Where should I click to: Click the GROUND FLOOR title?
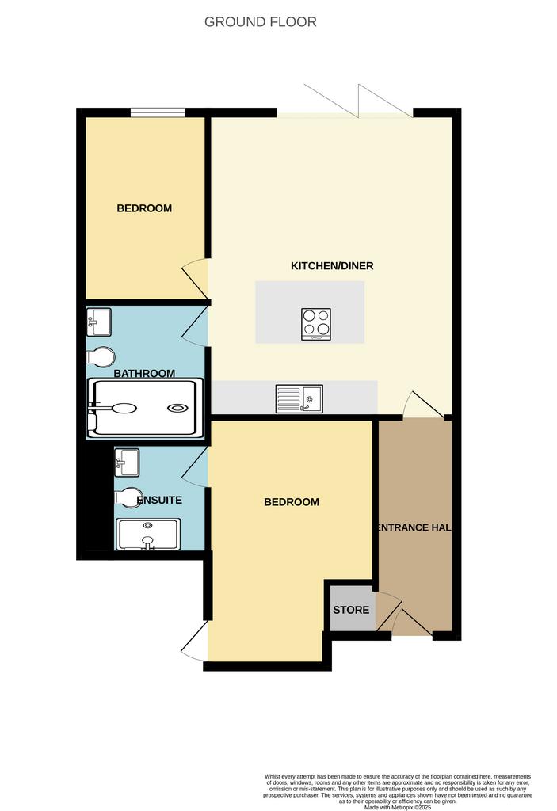[x=261, y=21]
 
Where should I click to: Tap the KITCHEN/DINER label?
[x=332, y=266]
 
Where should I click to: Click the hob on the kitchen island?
[x=316, y=324]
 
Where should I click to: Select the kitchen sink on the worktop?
[x=299, y=399]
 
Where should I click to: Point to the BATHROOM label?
[x=144, y=374]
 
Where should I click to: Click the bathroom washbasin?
[x=99, y=322]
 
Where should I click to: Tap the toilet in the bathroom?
[x=101, y=357]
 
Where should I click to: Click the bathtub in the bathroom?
[x=146, y=409]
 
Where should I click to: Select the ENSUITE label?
[x=159, y=501]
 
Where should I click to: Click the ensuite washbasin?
[x=127, y=462]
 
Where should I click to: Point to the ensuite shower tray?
[x=149, y=535]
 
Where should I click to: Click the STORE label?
[x=351, y=610]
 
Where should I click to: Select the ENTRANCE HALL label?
[x=414, y=527]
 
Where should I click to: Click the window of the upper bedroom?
[x=158, y=112]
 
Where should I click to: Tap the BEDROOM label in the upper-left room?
[x=144, y=208]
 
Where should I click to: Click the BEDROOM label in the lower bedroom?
[x=292, y=501]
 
